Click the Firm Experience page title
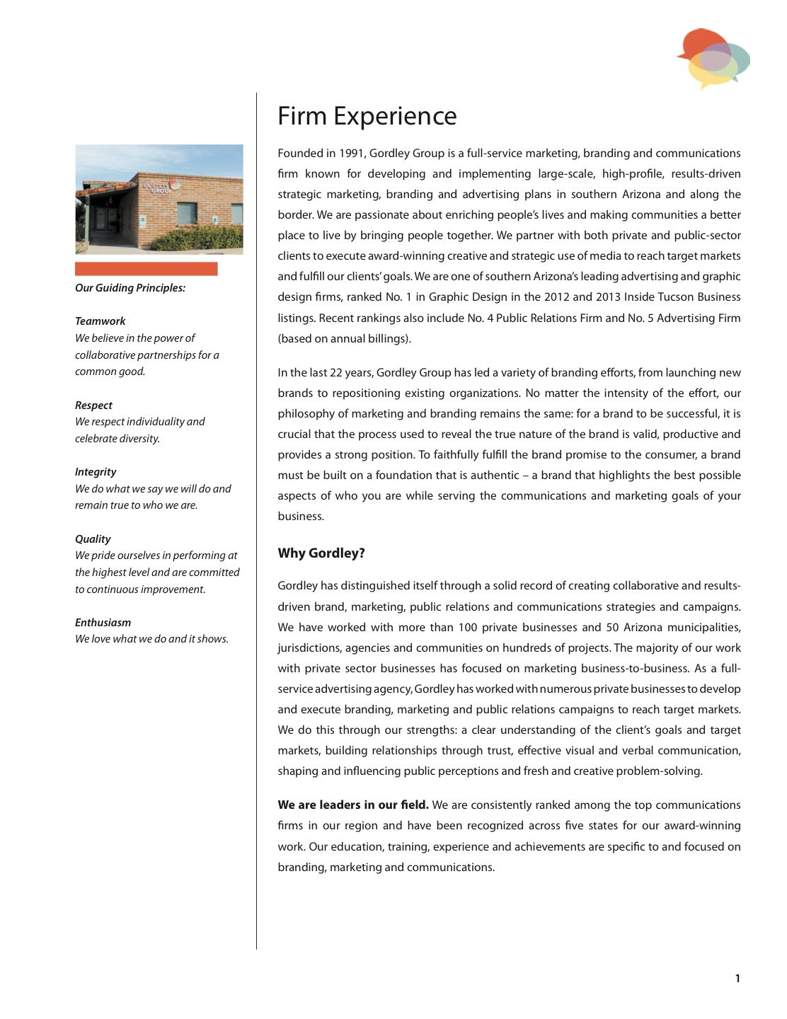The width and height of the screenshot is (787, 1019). click(367, 116)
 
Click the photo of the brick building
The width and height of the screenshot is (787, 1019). click(159, 200)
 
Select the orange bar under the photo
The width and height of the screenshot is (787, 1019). click(146, 269)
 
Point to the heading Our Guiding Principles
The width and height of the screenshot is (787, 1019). click(130, 288)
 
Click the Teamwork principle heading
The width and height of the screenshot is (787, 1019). click(100, 321)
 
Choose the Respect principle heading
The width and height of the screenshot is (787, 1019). click(93, 405)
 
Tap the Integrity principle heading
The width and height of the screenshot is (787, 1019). click(96, 472)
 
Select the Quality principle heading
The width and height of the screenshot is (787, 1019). click(93, 539)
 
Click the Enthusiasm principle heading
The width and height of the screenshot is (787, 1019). click(103, 623)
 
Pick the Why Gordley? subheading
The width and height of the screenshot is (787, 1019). click(321, 553)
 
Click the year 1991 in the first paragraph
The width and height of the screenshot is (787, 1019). click(351, 154)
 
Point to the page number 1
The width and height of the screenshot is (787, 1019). click(737, 979)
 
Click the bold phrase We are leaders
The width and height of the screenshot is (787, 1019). click(353, 805)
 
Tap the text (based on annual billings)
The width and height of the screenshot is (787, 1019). click(344, 339)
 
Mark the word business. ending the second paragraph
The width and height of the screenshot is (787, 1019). click(301, 517)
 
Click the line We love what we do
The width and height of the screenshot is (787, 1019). click(151, 639)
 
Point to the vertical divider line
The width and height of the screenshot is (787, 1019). click(257, 521)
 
